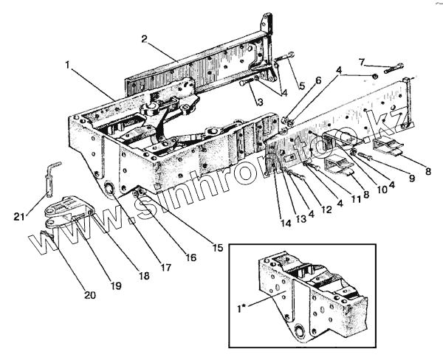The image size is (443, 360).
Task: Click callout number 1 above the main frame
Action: [68, 65]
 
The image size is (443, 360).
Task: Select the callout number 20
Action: [90, 294]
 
